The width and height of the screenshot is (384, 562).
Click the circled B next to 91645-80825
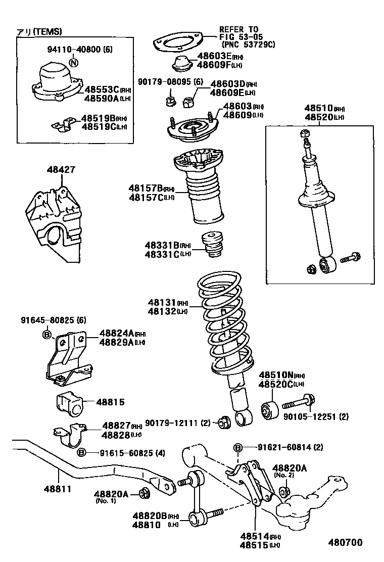(x=46, y=335)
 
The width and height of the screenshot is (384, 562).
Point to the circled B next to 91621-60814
(x=238, y=447)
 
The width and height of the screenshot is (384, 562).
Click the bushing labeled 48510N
(x=268, y=410)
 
